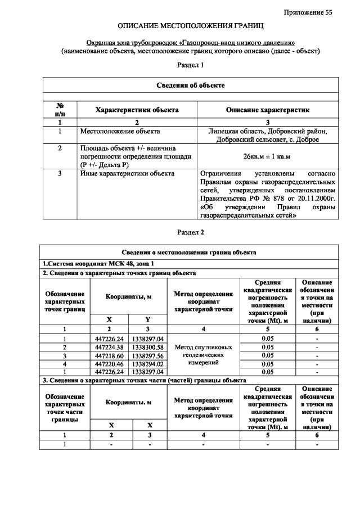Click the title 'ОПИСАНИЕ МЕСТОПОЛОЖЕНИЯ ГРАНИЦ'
coord(190,26)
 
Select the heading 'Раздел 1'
coord(190,65)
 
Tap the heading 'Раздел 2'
coord(190,232)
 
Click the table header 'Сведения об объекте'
coord(190,85)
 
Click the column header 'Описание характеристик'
coord(268,110)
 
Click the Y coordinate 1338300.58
coord(148,347)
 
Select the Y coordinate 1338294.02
coord(148,364)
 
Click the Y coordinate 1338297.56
coord(148,355)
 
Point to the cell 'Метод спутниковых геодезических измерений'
coord(204,355)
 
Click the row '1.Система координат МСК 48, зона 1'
coord(98,263)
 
